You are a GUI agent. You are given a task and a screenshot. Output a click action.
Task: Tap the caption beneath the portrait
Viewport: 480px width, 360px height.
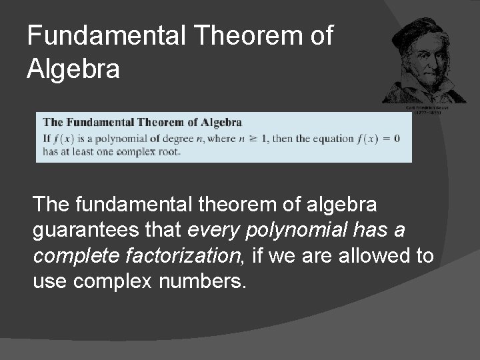tap(427, 111)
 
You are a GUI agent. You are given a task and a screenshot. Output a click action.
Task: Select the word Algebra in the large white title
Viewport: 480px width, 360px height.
tap(73, 69)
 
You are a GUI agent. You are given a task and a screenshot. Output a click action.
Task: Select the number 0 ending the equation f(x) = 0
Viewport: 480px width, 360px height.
tap(396, 139)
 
